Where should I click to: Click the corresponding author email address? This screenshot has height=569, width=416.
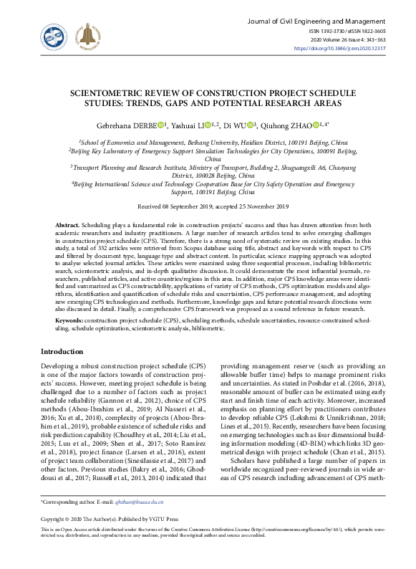tap(140, 505)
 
